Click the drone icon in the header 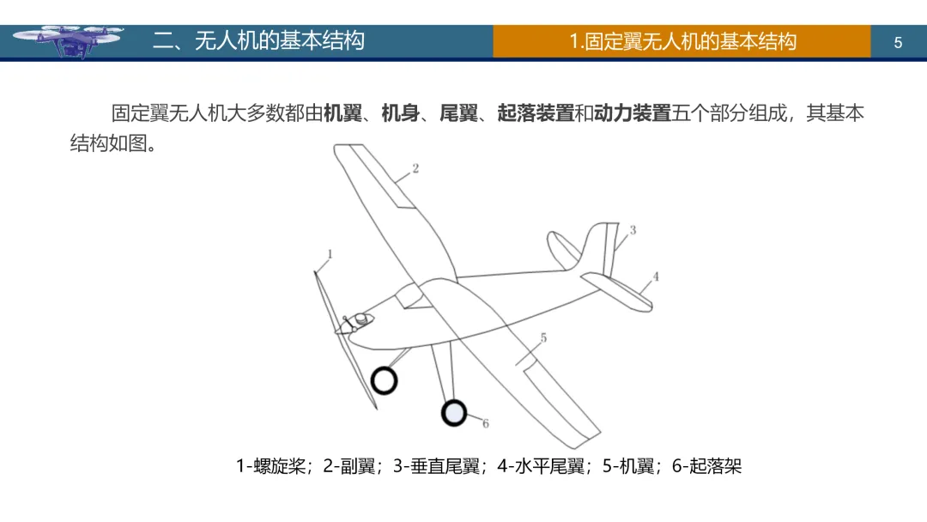[69, 40]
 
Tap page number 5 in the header [898, 42]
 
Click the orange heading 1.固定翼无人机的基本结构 [682, 41]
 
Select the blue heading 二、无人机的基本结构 [258, 40]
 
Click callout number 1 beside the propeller [330, 253]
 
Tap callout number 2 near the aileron [415, 168]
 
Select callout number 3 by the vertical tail [633, 230]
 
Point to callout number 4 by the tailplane [656, 276]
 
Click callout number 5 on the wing [543, 338]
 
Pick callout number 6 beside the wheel [485, 423]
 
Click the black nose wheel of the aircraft [384, 379]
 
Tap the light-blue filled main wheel [453, 413]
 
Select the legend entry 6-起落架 [706, 467]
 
